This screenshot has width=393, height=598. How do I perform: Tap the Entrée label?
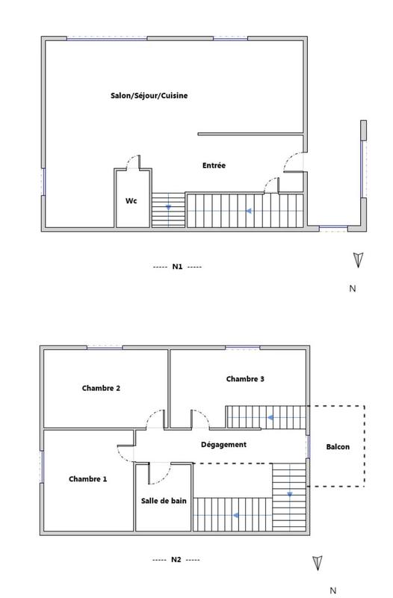(214, 165)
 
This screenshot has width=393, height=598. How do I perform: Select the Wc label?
(131, 201)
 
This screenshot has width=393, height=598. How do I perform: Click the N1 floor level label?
(177, 266)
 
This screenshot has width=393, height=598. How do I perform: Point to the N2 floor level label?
(176, 559)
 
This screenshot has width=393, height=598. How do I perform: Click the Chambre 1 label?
(87, 478)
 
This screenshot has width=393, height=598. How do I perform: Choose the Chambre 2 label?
(101, 388)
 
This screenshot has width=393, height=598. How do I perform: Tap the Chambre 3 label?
(245, 379)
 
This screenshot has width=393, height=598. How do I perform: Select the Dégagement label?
(223, 444)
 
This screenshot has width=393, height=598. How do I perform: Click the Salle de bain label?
(164, 500)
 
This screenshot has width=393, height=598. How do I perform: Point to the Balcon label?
(338, 447)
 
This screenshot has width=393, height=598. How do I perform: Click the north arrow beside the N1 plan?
(359, 259)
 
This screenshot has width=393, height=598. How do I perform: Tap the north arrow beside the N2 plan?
(318, 563)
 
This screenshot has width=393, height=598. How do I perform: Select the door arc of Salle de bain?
(159, 474)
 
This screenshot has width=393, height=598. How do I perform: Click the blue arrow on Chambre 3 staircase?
(271, 417)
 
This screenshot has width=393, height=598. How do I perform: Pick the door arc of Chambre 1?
(126, 452)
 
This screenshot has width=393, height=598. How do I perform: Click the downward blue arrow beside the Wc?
(168, 206)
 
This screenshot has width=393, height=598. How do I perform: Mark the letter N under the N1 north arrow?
(353, 288)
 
